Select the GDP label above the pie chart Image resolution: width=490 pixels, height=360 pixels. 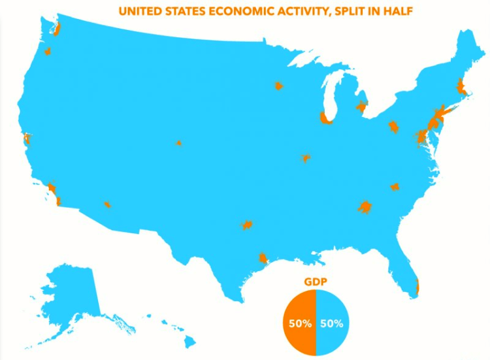click(315, 282)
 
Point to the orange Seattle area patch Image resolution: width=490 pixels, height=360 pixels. click(57, 29)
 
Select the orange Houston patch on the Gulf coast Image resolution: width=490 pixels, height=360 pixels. click(263, 257)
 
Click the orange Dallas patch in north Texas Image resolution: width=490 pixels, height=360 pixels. click(247, 225)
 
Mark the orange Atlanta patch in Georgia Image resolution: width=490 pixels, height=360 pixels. click(365, 207)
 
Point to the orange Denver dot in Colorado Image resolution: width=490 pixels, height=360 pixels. click(178, 143)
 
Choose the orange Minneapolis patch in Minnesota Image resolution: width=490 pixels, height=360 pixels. click(278, 86)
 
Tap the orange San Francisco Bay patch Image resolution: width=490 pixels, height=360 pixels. click(27, 139)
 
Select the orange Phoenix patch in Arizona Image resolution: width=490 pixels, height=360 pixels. click(107, 205)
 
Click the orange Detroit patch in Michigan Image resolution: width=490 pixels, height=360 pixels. click(361, 106)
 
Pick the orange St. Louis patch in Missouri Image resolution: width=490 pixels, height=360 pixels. click(305, 157)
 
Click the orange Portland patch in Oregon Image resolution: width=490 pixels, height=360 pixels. click(48, 51)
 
